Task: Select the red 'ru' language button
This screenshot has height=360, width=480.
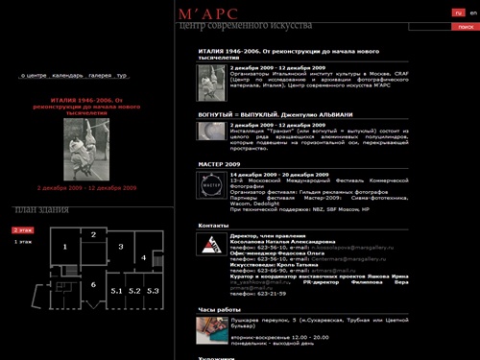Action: (457, 12)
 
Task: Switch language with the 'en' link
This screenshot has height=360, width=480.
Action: (471, 12)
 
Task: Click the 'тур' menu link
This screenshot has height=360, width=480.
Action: (122, 74)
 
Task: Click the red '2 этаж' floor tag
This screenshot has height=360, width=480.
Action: (22, 230)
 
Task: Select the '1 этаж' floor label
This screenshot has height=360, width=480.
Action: (22, 242)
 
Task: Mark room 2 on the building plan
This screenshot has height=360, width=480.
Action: (93, 234)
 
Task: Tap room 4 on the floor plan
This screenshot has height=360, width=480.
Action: (142, 258)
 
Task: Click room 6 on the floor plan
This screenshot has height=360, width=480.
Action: (93, 285)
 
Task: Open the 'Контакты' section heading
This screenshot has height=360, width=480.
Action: (213, 225)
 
